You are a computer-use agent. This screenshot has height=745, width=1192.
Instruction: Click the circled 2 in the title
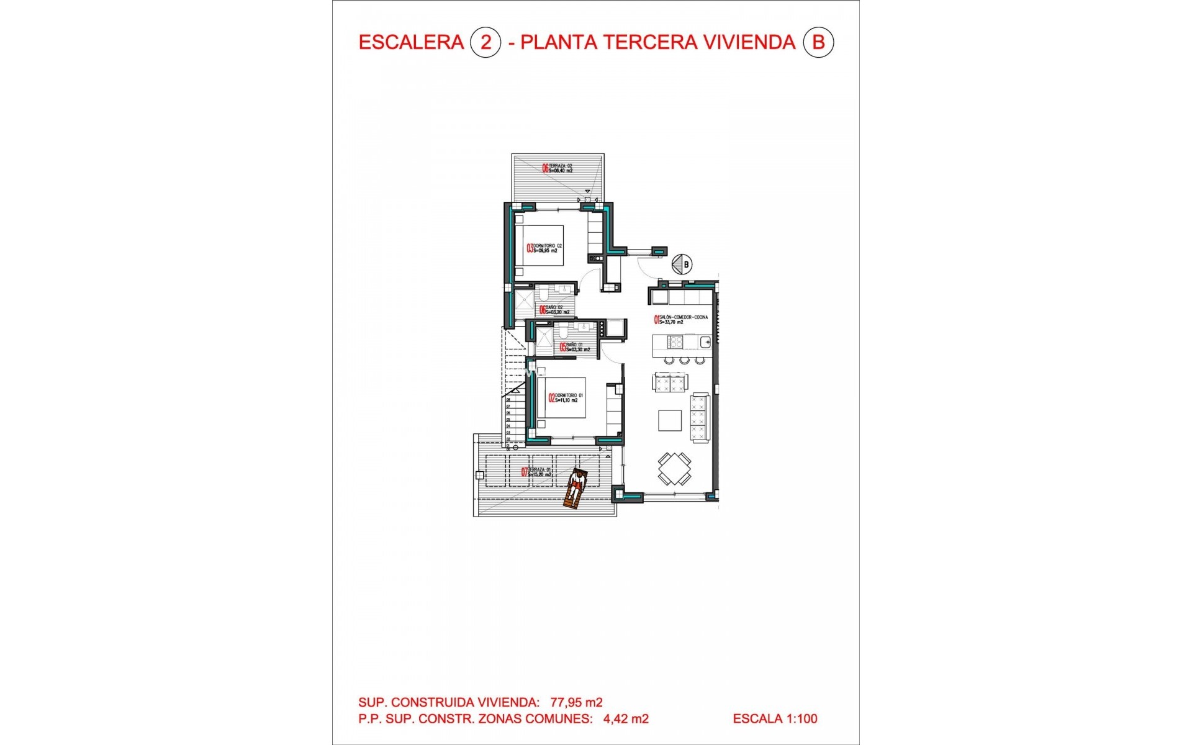pyautogui.click(x=485, y=42)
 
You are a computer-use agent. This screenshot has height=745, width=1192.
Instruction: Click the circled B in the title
pyautogui.click(x=818, y=42)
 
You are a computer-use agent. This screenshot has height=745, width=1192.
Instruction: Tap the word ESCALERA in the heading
pyautogui.click(x=411, y=42)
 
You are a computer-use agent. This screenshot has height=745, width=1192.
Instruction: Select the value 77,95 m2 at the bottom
pyautogui.click(x=576, y=702)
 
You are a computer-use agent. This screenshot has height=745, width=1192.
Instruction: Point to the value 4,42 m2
pyautogui.click(x=626, y=719)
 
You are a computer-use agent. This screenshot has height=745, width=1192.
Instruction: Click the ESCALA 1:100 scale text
pyautogui.click(x=775, y=719)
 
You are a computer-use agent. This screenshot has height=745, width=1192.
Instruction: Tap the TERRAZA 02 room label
pyautogui.click(x=558, y=168)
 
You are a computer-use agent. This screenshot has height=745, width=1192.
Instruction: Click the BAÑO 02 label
pyautogui.click(x=554, y=310)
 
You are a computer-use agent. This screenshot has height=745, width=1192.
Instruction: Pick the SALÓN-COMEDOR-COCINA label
pyautogui.click(x=680, y=320)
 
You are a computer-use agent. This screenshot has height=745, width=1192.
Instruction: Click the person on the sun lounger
pyautogui.click(x=576, y=489)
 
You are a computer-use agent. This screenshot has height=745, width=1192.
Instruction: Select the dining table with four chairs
pyautogui.click(x=674, y=469)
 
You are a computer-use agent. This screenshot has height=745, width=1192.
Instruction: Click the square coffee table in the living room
pyautogui.click(x=670, y=420)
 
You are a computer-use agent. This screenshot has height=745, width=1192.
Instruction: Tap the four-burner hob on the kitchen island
pyautogui.click(x=675, y=341)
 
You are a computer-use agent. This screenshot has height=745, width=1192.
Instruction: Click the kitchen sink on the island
pyautogui.click(x=705, y=341)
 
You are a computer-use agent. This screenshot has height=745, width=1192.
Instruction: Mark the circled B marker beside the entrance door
pyautogui.click(x=685, y=264)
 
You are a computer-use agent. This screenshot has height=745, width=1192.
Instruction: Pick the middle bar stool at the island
pyautogui.click(x=684, y=360)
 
